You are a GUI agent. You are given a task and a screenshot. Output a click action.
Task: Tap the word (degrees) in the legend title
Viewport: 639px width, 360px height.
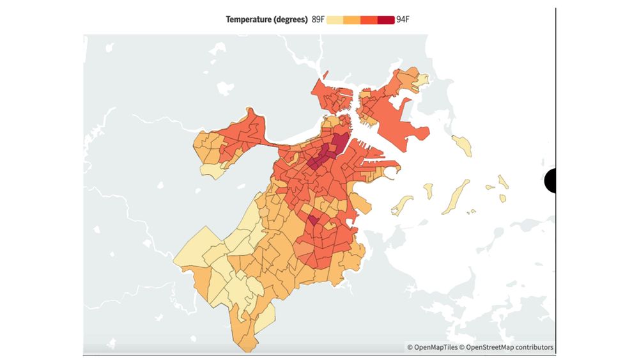tap(289, 19)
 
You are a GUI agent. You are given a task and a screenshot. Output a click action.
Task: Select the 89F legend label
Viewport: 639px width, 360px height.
tap(318, 19)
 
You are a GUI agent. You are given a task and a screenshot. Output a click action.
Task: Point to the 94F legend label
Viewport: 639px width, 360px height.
tap(403, 19)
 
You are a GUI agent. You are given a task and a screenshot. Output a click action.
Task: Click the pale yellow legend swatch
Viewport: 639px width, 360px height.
tap(335, 20)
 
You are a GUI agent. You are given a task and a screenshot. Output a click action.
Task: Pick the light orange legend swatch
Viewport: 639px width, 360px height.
tap(351, 20)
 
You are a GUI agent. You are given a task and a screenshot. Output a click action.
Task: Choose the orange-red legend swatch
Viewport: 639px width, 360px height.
tap(369, 20)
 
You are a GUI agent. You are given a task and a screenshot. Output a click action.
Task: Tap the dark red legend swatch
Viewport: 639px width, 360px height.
tap(385, 20)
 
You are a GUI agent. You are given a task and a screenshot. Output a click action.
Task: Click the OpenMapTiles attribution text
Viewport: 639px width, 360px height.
tap(435, 347)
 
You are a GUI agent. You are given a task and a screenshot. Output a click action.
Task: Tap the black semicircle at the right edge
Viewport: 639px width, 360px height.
tap(550, 180)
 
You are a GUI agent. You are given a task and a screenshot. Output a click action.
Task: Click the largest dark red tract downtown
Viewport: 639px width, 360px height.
tap(339, 144)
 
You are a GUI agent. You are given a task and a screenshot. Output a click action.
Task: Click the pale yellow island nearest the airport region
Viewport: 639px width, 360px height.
tap(463, 145)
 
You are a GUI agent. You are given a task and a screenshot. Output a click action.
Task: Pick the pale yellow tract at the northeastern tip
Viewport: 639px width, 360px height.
tap(421, 80)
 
